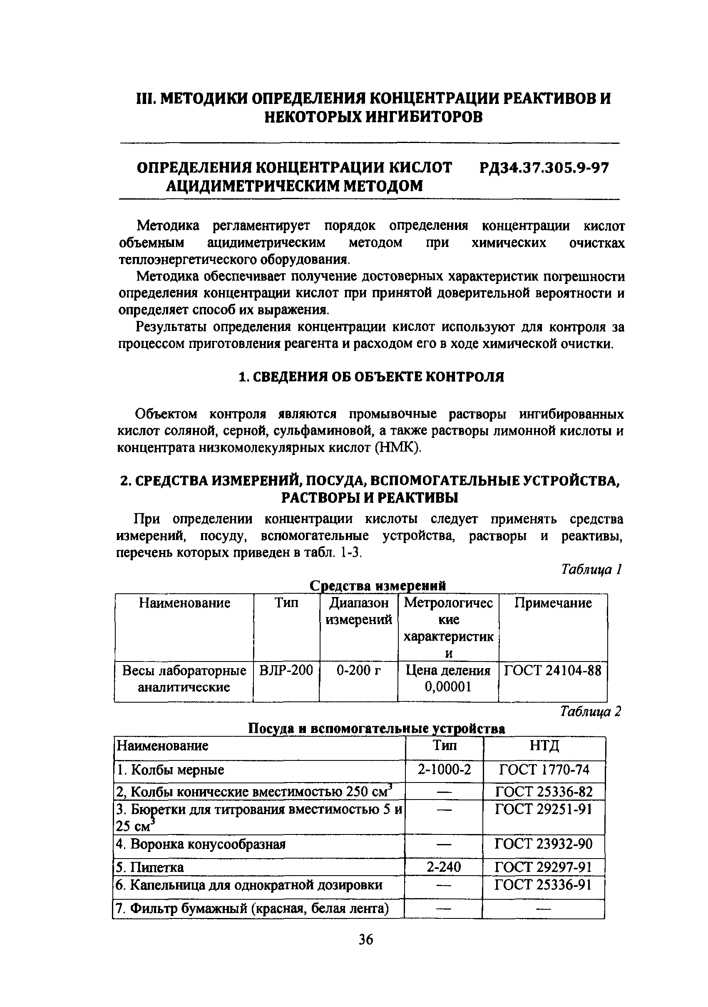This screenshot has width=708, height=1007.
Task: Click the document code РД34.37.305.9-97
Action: pos(544,168)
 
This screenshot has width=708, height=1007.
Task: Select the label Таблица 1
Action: pos(591,569)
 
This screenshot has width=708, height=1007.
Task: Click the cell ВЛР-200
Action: pos(286,671)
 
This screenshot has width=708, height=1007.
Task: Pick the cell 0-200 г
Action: pos(358,671)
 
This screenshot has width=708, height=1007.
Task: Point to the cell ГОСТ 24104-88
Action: pos(552,671)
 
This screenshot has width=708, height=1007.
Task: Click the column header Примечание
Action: pos(553,603)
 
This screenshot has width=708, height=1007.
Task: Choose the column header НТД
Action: pos(544,745)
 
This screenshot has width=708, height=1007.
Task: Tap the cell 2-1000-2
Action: pos(444,770)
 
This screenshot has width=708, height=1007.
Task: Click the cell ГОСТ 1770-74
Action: pos(544,770)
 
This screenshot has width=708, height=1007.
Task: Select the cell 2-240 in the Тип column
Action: pos(444,867)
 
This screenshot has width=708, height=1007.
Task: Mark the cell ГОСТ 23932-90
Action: pos(544,844)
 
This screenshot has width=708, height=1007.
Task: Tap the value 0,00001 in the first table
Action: pos(448,687)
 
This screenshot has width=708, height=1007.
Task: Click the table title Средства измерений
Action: pos(378,586)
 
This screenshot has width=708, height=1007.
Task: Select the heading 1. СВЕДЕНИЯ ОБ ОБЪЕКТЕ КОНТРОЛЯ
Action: pos(371,377)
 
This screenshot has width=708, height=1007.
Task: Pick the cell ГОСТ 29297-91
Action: pos(544,867)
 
